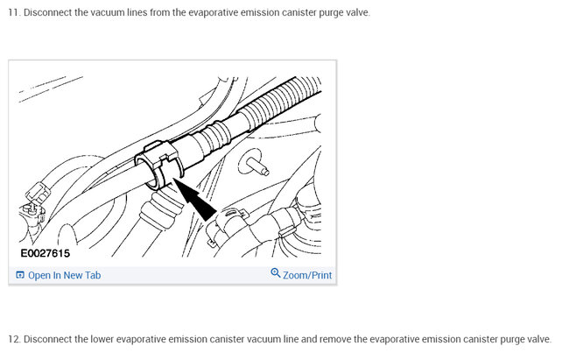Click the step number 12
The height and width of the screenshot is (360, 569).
[x=14, y=339]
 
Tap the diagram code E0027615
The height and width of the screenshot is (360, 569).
[x=45, y=253]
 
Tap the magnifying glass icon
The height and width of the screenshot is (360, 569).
[x=276, y=272]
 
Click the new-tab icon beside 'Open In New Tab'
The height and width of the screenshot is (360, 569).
[x=20, y=275]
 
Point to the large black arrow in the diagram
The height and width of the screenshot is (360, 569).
[x=196, y=200]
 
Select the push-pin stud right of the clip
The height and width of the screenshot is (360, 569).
[x=255, y=164]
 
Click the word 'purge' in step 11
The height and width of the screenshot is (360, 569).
[x=331, y=13]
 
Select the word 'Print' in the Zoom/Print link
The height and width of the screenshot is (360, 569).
[x=321, y=275]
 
